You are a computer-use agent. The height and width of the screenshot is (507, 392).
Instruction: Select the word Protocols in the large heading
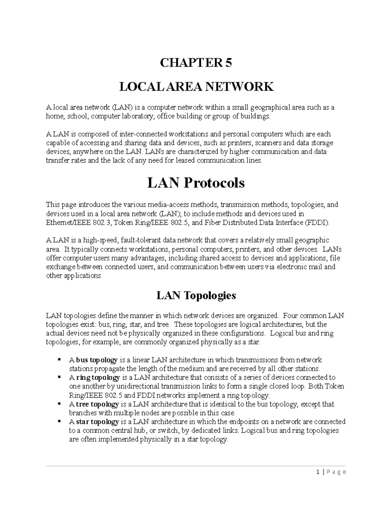pyautogui.click(x=214, y=183)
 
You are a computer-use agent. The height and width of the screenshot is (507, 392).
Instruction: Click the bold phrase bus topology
pyautogui.click(x=97, y=360)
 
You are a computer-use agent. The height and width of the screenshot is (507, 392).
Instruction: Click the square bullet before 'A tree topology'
pyautogui.click(x=59, y=404)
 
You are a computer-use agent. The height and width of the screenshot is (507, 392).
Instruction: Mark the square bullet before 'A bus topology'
pyautogui.click(x=59, y=360)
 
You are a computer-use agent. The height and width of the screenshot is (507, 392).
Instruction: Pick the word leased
pyautogui.click(x=186, y=161)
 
